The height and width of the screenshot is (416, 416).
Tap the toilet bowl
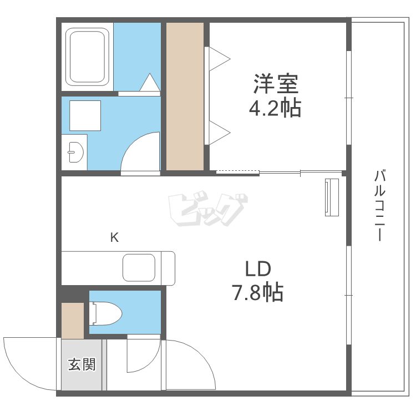point(106,313)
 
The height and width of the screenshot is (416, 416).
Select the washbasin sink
point(74,150)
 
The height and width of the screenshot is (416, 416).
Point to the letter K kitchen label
point(114,238)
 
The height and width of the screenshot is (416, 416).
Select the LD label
point(258,270)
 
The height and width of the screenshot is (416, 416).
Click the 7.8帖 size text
point(257,292)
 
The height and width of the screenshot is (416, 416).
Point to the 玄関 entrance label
point(82,364)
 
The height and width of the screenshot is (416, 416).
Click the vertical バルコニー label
point(379,206)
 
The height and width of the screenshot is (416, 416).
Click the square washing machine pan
point(85,115)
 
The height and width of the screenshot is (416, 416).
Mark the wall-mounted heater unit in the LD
point(332,197)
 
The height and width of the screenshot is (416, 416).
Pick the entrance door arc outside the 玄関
point(28,363)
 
